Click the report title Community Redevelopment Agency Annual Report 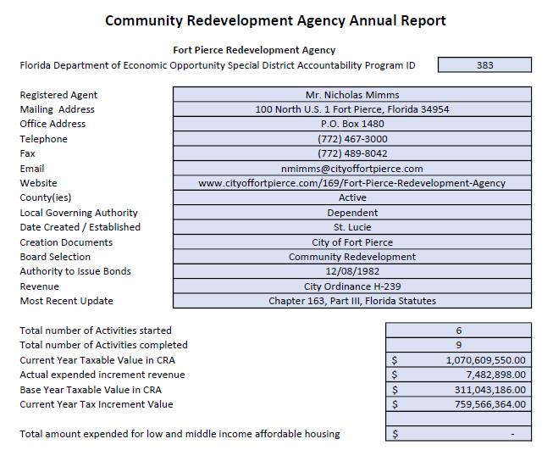coord(275,19)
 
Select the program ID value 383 coord(484,65)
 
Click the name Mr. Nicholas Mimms coord(351,95)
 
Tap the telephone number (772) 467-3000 coord(351,139)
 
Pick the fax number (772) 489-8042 coord(351,153)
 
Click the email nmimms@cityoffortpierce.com coord(351,169)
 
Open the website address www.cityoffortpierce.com coord(351,183)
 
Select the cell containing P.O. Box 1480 coord(351,124)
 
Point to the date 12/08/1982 coord(351,271)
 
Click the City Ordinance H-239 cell coord(351,286)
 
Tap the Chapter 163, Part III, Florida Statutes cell coord(351,301)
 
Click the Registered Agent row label coord(58,95)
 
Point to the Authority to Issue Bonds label coord(75,271)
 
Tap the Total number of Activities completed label coord(103,345)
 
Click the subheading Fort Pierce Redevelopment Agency coord(254,50)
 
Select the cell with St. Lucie coord(351,227)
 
